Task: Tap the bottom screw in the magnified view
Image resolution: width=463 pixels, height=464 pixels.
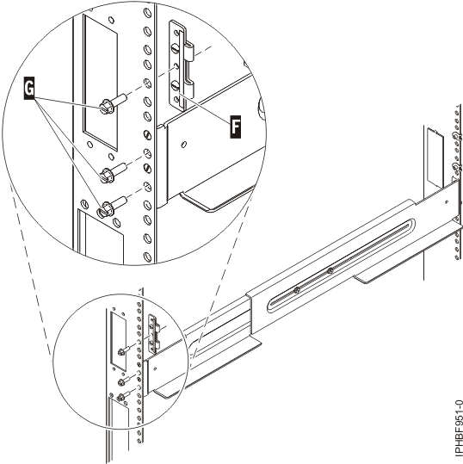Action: [109, 207]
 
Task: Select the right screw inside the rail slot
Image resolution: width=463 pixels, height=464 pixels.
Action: [330, 273]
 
